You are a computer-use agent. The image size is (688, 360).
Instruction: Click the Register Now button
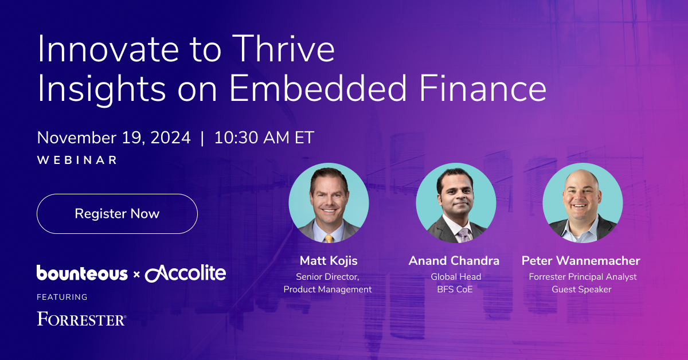click(x=117, y=214)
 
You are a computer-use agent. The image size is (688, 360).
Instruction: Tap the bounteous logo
click(x=82, y=273)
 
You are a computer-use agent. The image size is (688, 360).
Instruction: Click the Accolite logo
click(x=186, y=273)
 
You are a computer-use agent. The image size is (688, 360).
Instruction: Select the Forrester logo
click(x=81, y=319)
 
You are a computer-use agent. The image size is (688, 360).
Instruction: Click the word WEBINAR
click(x=77, y=160)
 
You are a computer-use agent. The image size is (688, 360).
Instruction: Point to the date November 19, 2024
click(x=114, y=138)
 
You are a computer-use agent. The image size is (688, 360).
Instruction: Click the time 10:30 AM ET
click(x=264, y=138)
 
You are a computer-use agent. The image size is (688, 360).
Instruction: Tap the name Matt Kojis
click(x=329, y=261)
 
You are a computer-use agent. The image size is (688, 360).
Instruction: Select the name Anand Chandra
click(x=454, y=261)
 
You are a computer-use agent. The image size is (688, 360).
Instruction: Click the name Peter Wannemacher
click(x=581, y=261)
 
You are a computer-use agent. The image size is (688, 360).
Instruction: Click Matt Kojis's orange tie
click(x=329, y=238)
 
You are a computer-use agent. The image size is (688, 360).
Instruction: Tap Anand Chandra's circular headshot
click(x=456, y=203)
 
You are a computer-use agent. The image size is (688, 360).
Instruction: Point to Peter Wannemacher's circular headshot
click(x=583, y=203)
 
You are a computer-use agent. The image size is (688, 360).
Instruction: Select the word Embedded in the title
click(x=318, y=89)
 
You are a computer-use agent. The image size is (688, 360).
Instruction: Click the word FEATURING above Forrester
click(x=62, y=297)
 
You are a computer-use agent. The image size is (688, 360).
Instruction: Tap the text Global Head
click(x=456, y=277)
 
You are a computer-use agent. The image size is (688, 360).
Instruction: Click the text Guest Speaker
click(x=581, y=289)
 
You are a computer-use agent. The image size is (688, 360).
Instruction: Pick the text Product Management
click(x=327, y=289)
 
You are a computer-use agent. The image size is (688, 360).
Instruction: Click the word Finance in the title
click(x=483, y=89)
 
